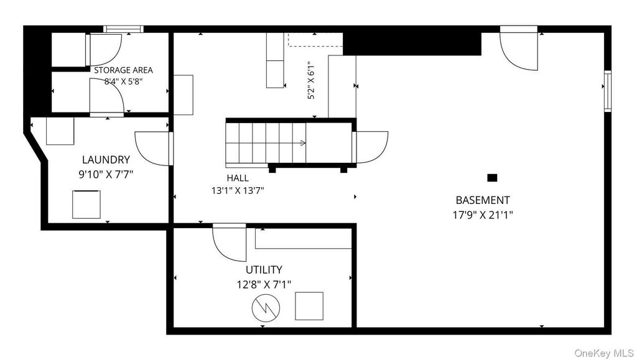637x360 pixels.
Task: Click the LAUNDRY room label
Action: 106,160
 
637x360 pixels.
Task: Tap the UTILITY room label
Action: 264,270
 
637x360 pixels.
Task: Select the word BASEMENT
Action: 483,200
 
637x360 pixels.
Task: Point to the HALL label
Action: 238,178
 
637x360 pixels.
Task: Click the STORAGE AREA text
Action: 124,70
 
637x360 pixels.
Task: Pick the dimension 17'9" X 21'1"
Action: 483,215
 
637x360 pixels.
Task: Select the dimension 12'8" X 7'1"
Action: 264,285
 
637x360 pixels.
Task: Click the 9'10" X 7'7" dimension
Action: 106,175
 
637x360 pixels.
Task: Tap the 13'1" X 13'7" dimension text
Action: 238,190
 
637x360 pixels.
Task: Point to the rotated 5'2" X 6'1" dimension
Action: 311,80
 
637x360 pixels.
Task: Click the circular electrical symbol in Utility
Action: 266,308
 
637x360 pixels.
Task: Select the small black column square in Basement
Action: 492,177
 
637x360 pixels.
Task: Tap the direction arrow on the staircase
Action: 303,143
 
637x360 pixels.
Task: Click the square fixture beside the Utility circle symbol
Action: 309,306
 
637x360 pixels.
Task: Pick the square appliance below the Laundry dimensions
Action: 86,205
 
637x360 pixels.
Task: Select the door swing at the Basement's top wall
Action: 518,48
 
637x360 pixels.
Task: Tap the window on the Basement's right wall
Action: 608,91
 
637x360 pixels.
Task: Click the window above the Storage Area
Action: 124,29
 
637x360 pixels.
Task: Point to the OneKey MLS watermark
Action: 605,353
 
